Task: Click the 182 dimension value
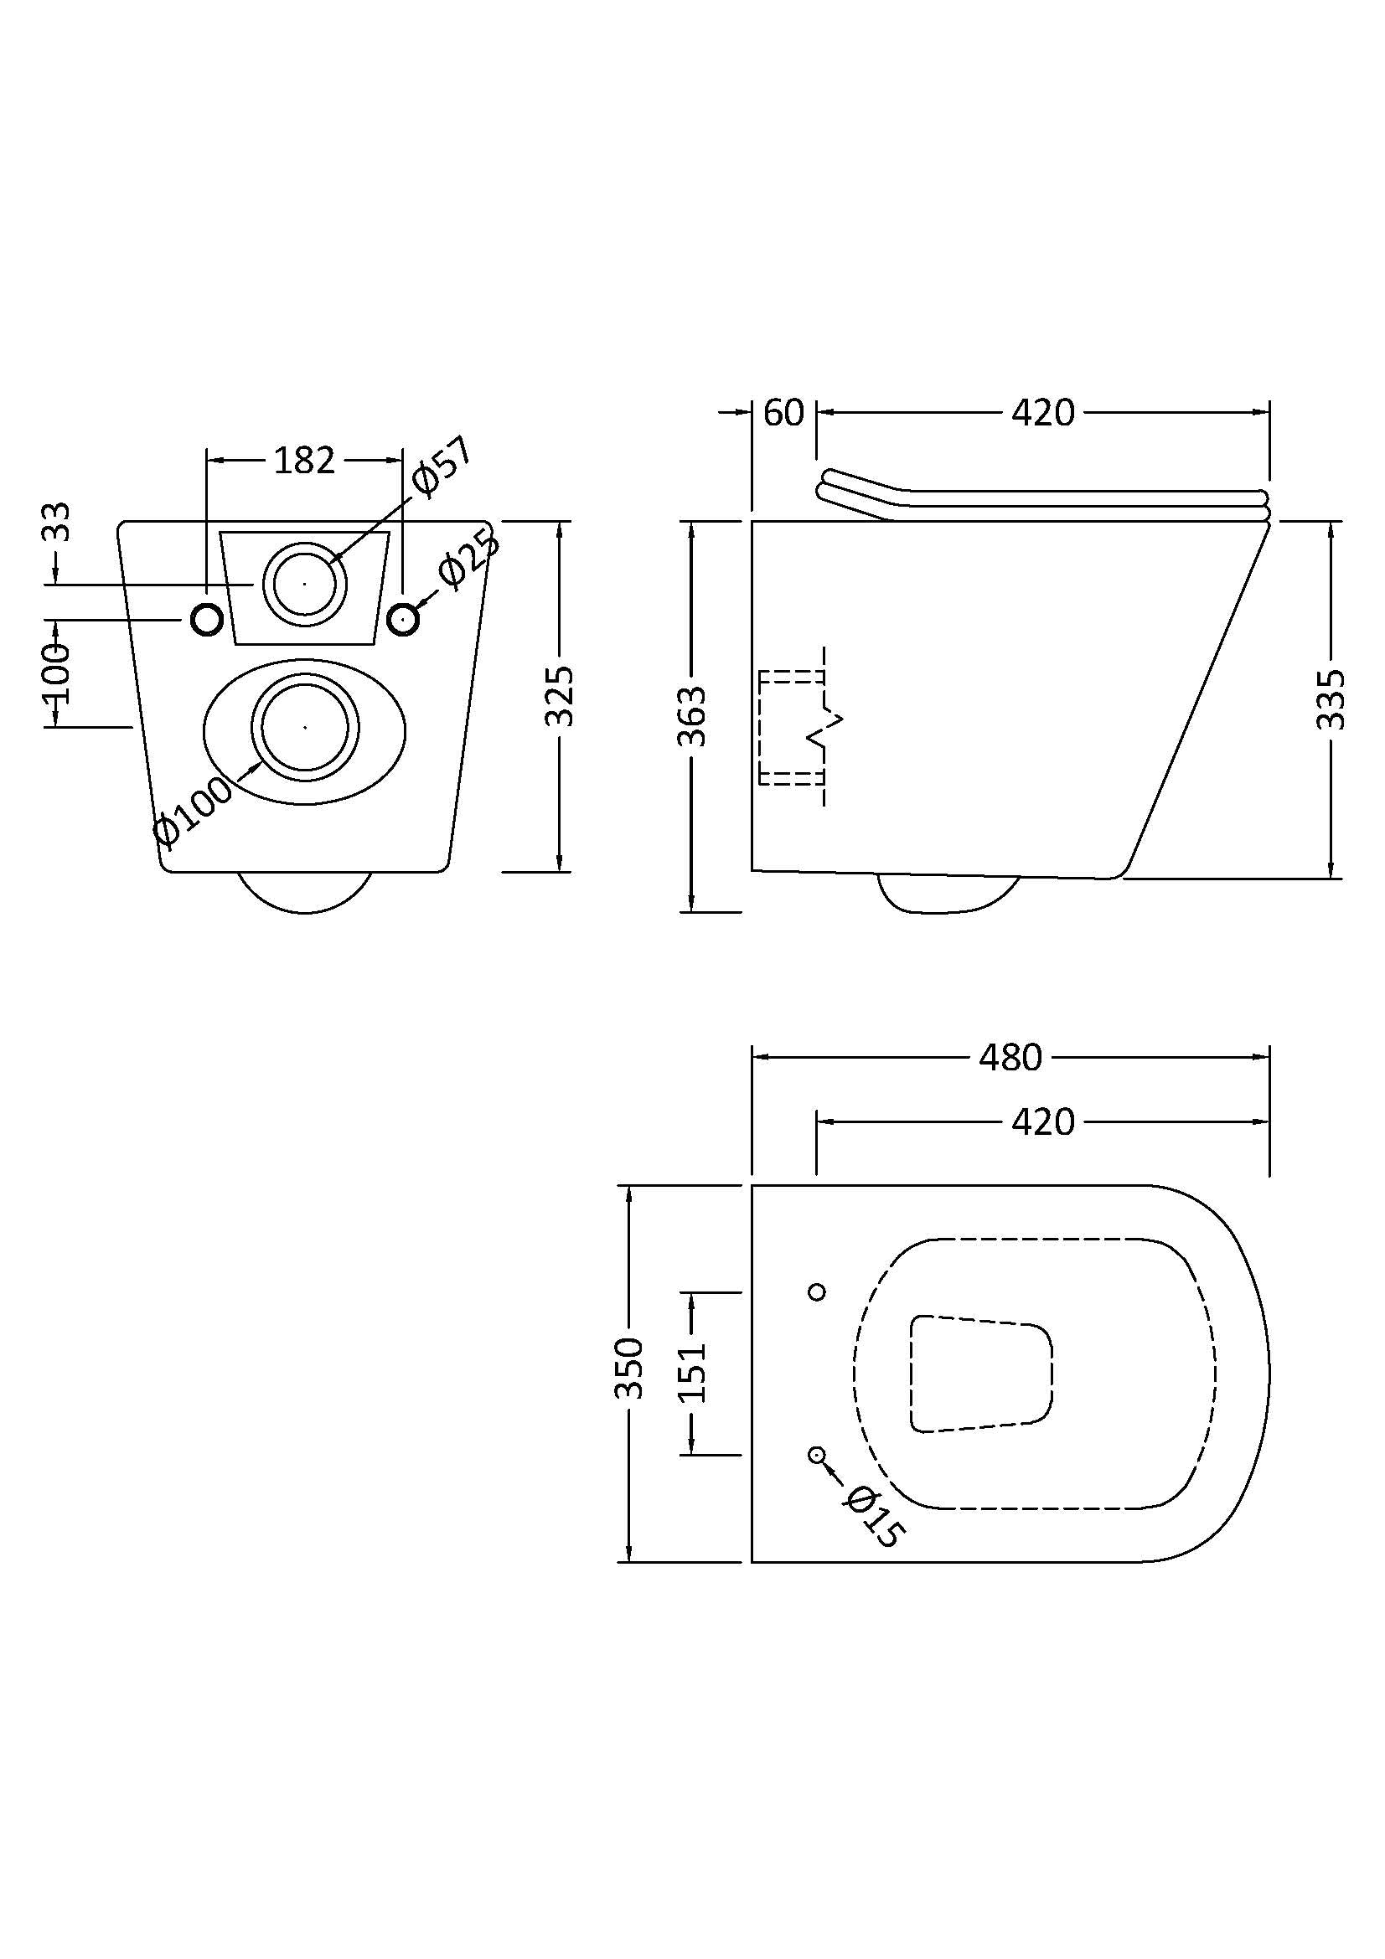[x=305, y=461]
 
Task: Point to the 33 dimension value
[x=56, y=522]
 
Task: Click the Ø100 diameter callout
[x=193, y=811]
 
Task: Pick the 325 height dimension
[x=560, y=695]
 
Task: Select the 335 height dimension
[x=1331, y=699]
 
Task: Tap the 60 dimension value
[x=783, y=413]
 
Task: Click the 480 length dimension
[x=1010, y=1058]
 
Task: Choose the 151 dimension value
[x=692, y=1372]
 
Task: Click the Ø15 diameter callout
[x=871, y=1517]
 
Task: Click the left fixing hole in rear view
[x=206, y=619]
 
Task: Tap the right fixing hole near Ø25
[x=404, y=619]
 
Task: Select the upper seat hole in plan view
[x=817, y=1291]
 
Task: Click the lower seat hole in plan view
[x=817, y=1455]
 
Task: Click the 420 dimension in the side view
[x=1043, y=413]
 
